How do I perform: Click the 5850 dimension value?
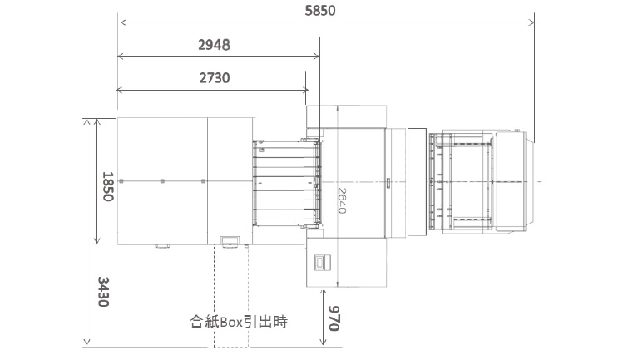coord(320,11)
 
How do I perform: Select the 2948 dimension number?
coord(214,45)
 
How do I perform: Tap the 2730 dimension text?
coord(214,78)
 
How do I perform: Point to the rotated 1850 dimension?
coord(107,186)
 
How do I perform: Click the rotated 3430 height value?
coord(103,292)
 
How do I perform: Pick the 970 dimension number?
coord(334,318)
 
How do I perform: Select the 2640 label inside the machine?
coord(341,200)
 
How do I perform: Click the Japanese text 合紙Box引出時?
coord(239,322)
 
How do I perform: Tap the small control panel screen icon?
coord(322,262)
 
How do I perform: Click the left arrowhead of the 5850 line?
coord(123,22)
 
